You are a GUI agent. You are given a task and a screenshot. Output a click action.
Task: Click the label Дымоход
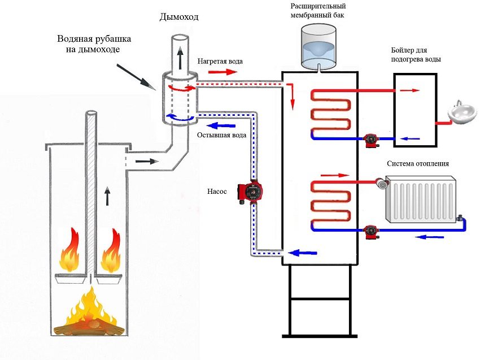[179, 18]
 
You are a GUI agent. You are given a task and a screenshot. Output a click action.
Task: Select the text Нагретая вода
[220, 61]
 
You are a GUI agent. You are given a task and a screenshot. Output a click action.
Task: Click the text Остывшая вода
[221, 136]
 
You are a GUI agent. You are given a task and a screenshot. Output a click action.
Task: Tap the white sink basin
[462, 114]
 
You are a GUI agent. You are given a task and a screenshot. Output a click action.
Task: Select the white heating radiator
[420, 198]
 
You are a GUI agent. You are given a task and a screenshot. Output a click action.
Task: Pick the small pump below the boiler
[371, 140]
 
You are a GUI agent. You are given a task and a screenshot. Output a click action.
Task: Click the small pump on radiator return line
[371, 230]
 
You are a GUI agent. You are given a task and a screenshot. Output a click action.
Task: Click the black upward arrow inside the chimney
[180, 58]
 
